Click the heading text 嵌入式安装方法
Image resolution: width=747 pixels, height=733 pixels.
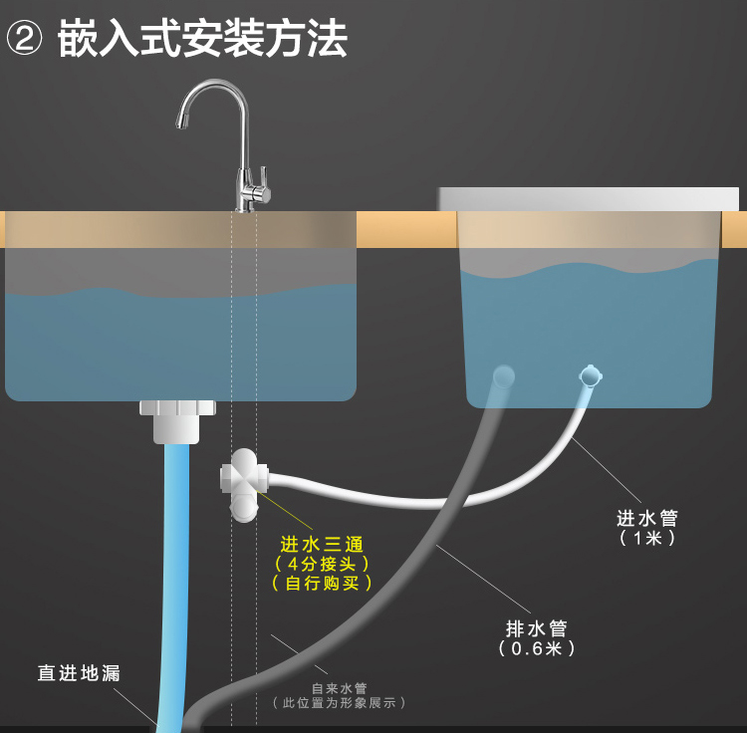point(203,40)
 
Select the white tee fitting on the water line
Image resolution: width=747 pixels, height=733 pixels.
point(243,482)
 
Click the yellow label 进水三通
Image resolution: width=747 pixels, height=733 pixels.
point(321,544)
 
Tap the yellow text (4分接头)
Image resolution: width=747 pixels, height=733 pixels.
point(321,564)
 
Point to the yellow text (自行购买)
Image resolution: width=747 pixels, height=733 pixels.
point(321,584)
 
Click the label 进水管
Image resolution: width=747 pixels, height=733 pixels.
point(647,518)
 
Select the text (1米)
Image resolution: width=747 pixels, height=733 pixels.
point(647,538)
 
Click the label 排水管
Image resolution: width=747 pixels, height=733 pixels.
point(537,628)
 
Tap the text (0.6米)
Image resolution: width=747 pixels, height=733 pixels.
point(537,648)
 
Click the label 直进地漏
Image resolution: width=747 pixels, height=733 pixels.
point(79,673)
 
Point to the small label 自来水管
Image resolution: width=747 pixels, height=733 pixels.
point(339,687)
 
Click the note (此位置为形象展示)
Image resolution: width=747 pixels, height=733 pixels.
point(339,703)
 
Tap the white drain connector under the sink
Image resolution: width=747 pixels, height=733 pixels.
point(177,419)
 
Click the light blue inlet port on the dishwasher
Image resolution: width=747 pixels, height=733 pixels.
point(591,375)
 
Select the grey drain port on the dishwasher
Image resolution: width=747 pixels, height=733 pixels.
point(504,375)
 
